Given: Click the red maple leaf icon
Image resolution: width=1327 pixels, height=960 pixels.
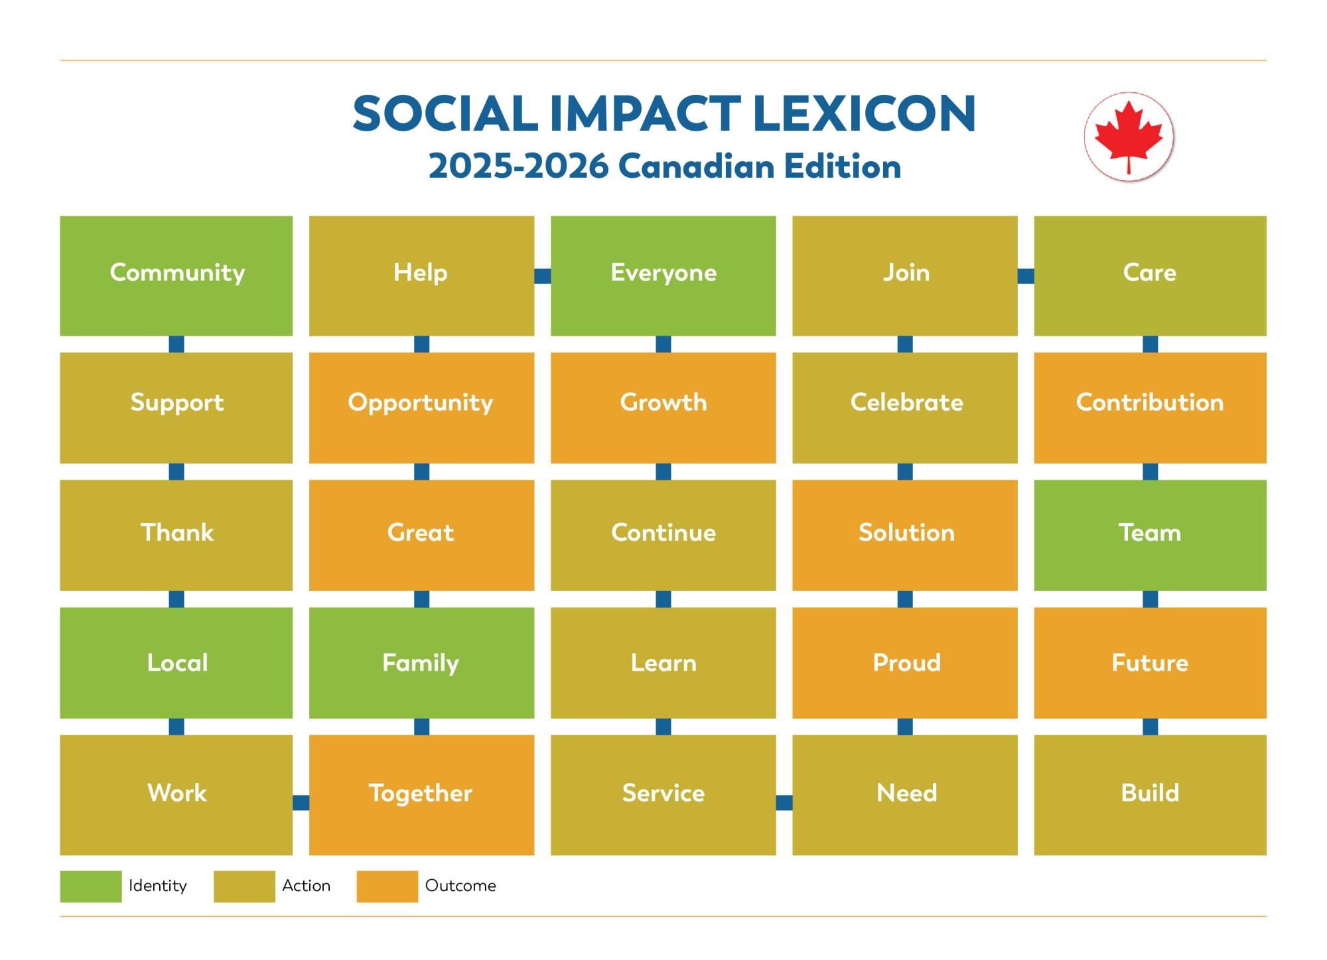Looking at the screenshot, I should [1129, 136].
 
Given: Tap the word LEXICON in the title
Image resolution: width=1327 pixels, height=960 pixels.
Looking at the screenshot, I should [865, 113].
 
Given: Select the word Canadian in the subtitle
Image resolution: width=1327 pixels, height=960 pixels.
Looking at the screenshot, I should [697, 167].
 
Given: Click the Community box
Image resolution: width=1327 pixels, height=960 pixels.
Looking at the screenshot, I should [176, 275].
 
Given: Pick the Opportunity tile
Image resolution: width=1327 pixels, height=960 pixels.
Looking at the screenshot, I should [421, 407].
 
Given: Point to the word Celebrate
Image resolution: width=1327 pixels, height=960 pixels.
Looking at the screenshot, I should [906, 403].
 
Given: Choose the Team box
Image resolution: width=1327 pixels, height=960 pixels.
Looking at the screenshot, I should [1150, 535].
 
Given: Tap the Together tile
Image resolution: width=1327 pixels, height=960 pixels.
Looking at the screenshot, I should [421, 794].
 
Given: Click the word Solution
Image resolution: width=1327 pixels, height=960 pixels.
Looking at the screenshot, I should [906, 533].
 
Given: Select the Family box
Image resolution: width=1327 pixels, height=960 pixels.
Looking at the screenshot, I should [421, 662].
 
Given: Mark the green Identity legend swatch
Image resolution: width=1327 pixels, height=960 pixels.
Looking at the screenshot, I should [91, 886].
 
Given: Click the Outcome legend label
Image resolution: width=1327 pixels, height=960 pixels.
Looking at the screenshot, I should [460, 886].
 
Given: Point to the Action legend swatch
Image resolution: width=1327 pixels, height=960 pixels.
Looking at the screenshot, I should [244, 886].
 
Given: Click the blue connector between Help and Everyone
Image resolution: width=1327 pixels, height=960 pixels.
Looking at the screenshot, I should [543, 276].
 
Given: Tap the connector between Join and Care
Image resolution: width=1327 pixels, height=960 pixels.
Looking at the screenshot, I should [1026, 276].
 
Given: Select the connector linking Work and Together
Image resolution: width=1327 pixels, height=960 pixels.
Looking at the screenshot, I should [301, 803].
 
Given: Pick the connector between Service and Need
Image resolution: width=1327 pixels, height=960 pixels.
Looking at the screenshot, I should [784, 803].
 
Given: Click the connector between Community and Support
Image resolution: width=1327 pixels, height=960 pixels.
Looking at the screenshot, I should [176, 344].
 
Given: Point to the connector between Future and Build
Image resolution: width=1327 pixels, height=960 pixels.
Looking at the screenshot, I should [1150, 726].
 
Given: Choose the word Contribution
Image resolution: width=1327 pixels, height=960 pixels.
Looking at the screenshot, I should [1150, 403].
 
